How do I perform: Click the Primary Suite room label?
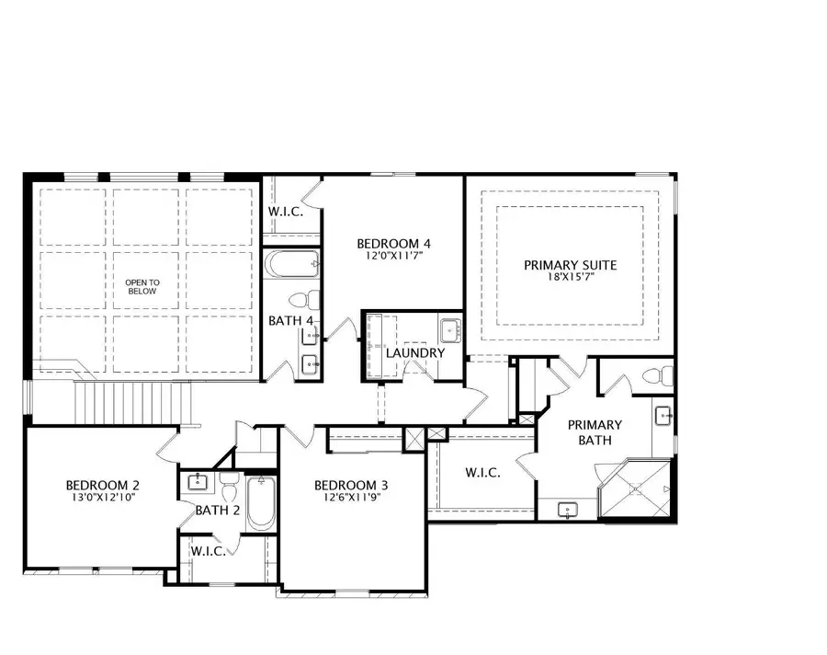click(x=570, y=265)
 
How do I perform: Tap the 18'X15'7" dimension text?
click(x=570, y=278)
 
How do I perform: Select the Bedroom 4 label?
click(x=394, y=244)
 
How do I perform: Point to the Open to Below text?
click(x=142, y=286)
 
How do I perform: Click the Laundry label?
click(x=415, y=353)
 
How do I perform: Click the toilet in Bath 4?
click(x=308, y=300)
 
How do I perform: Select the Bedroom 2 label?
click(x=102, y=485)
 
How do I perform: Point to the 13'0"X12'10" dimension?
click(x=102, y=498)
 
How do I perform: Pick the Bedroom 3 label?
click(x=351, y=485)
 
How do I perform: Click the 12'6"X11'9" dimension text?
click(x=351, y=498)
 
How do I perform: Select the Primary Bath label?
click(x=595, y=432)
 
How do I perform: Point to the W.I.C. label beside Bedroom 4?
click(x=286, y=211)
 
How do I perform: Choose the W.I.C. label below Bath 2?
click(x=208, y=551)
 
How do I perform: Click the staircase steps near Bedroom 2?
click(x=133, y=401)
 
